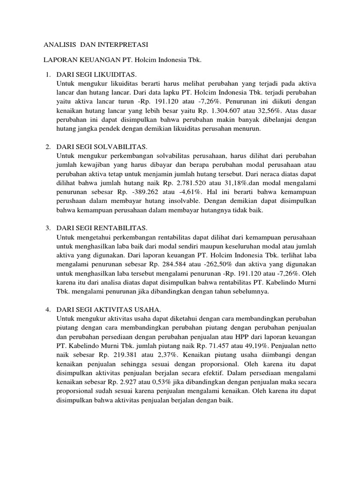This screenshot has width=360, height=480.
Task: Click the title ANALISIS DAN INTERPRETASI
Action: (96, 45)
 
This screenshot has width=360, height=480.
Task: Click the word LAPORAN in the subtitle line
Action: (59, 60)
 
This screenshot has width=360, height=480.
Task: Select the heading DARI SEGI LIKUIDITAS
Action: (96, 75)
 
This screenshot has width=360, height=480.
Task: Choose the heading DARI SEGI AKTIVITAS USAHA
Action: (109, 309)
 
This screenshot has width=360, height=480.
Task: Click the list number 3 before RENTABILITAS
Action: (47, 228)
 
